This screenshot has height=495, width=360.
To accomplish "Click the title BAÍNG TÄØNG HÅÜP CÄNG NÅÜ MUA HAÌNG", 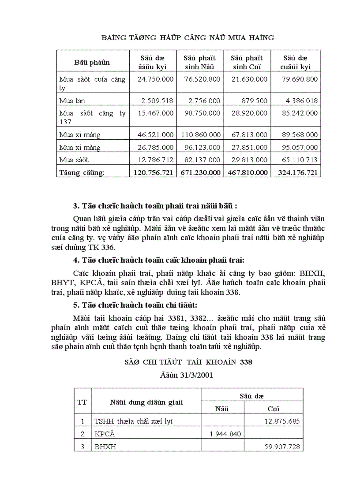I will [x=187, y=38].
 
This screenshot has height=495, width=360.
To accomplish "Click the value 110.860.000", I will [x=200, y=135].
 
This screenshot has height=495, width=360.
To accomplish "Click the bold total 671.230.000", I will [x=200, y=173].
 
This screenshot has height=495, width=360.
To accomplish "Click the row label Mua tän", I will [x=72, y=101].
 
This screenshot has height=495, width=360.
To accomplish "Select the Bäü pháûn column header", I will [x=92, y=63].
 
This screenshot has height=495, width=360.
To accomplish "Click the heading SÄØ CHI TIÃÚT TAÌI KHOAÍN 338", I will [x=188, y=362].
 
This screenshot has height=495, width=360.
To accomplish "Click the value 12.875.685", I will [x=282, y=421].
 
